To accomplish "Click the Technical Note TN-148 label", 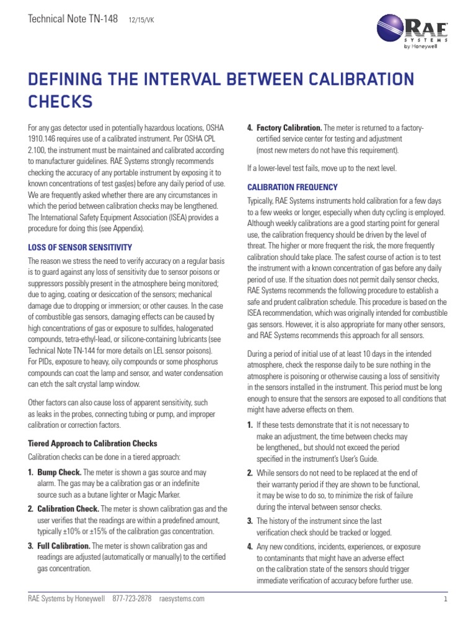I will pos(73,19).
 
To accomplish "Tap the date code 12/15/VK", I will pos(141,20).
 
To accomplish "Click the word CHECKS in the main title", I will pos(61,100).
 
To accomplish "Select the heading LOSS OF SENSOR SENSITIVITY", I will pos(81,247).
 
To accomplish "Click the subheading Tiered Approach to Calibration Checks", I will pos(93,443).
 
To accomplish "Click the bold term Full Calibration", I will pos(63,545).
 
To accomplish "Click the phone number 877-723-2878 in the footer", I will pos(132,599).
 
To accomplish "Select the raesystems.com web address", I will pos(182,599).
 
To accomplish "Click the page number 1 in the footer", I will pos(446,599).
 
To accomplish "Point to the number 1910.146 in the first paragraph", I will pos(45,139).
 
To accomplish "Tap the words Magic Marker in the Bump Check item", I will pos(159,495).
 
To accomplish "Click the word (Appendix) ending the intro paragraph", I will pos(127,228).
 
